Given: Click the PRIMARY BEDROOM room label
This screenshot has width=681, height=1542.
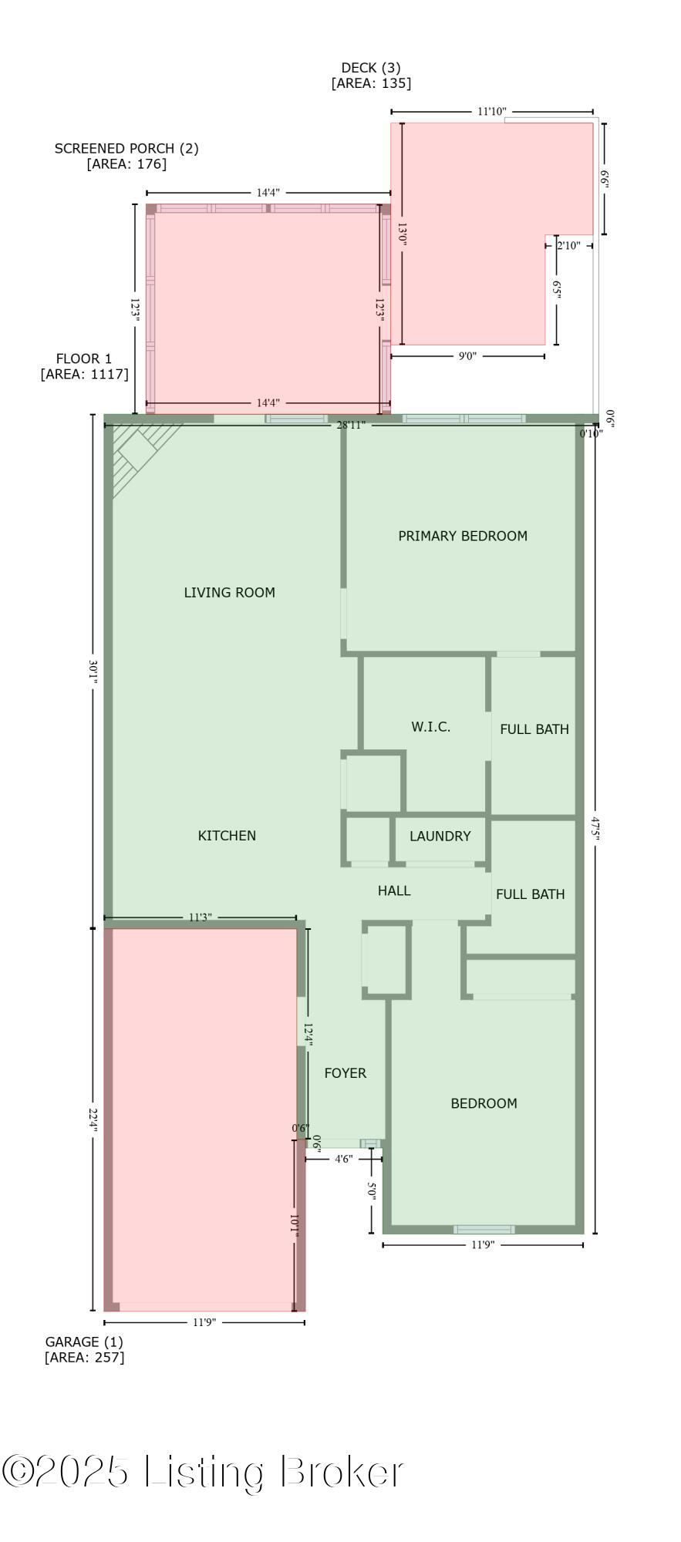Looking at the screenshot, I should coord(463,536).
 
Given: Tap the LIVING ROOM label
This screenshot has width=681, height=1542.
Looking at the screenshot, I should coord(229,592).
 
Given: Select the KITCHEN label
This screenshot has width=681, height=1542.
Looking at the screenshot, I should coord(227,836).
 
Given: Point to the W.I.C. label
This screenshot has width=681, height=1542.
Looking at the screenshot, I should coord(430,726).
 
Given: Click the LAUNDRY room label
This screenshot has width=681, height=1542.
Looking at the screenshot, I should coord(440,837).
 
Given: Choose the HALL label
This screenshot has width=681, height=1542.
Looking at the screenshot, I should coord(394,891).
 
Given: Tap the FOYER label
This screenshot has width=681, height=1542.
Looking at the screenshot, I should coord(345,1073).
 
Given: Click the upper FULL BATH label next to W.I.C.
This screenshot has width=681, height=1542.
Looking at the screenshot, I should coord(534,729).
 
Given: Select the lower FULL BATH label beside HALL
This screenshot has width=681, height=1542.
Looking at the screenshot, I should coord(530,894).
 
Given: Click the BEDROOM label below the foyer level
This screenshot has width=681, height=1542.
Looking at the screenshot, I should coord(484,1103).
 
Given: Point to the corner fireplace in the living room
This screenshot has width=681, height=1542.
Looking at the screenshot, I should coord(139,455).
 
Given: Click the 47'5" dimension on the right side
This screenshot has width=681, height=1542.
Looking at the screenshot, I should coord(595,830).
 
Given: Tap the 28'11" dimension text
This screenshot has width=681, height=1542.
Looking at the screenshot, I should coord(351,425).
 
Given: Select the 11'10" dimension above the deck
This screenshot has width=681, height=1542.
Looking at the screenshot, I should coord(491,112).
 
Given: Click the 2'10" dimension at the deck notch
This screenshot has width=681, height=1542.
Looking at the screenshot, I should coord(568,246).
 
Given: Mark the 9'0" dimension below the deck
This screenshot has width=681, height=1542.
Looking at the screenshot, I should coord(467,356).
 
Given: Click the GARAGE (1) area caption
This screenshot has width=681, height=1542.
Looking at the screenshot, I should coord(84,1342).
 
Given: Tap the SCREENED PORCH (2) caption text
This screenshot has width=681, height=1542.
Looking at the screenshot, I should coord(126,148).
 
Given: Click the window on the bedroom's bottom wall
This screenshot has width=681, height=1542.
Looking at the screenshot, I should coord(484,1229).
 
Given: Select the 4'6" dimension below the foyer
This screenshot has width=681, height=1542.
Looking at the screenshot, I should coord(343,1159).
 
